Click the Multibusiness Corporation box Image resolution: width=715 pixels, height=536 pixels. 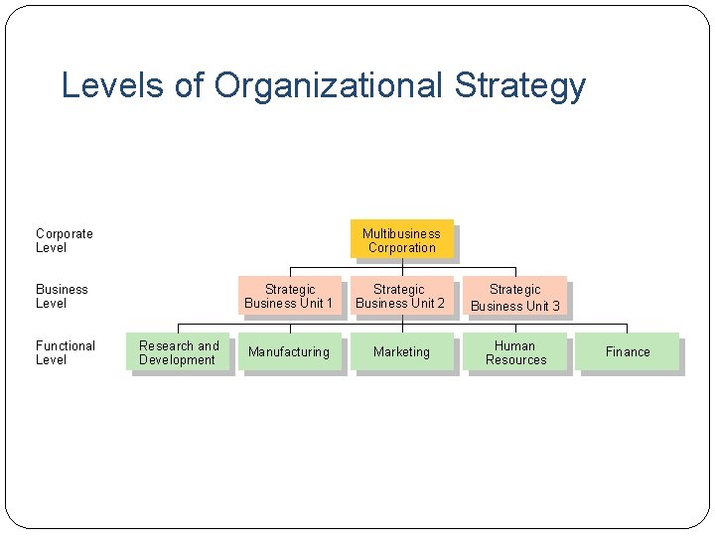(401, 240)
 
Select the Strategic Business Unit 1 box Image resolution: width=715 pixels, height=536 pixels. (289, 296)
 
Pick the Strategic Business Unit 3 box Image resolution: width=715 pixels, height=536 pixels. (514, 297)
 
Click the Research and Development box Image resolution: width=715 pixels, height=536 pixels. (179, 352)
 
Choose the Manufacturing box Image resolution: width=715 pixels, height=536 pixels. (289, 352)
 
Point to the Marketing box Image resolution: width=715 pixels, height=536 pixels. (401, 352)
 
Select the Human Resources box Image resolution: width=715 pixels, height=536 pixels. (515, 352)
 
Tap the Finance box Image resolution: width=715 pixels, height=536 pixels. (628, 352)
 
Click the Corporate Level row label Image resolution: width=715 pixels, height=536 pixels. (65, 240)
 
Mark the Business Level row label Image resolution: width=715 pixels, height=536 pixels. (62, 296)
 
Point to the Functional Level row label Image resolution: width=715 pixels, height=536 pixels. (66, 352)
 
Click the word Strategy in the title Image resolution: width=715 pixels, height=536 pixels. (520, 86)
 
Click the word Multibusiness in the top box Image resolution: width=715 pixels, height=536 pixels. (401, 233)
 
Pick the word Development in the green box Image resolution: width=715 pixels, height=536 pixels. (177, 359)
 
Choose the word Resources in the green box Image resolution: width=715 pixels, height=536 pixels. (515, 359)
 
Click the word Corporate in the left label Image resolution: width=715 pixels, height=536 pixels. (65, 233)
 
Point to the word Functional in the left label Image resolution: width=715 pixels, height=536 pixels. (66, 345)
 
